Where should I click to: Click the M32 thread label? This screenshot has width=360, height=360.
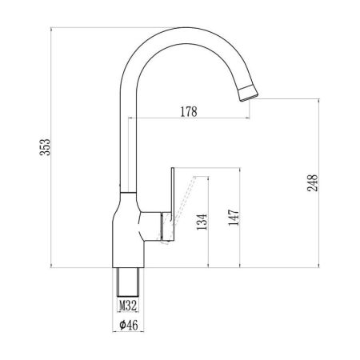[128, 306]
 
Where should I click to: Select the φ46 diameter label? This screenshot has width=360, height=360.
[129, 326]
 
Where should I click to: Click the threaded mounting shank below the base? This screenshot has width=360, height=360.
[129, 282]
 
